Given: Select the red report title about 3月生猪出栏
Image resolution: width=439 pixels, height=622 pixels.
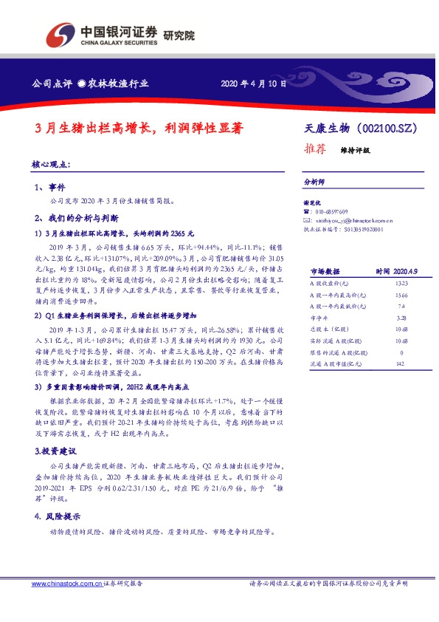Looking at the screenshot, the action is [139, 126].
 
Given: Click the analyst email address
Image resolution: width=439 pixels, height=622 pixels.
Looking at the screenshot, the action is [353, 220].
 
